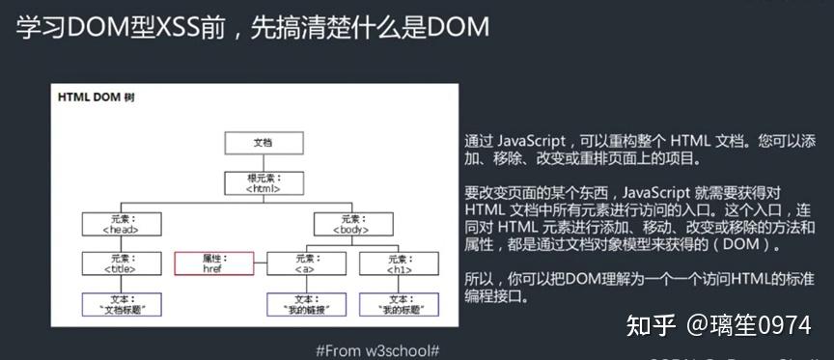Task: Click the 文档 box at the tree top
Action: (x=263, y=143)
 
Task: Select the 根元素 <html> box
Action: (x=263, y=182)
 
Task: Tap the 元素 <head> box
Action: (x=121, y=224)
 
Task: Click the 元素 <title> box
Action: (x=121, y=263)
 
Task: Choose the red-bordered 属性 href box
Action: (x=213, y=263)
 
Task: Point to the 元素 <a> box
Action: (x=306, y=263)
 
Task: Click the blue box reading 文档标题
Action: (x=121, y=304)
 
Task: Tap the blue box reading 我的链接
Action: (x=306, y=304)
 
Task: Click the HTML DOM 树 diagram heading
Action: (x=96, y=97)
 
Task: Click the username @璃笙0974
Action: (x=748, y=326)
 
